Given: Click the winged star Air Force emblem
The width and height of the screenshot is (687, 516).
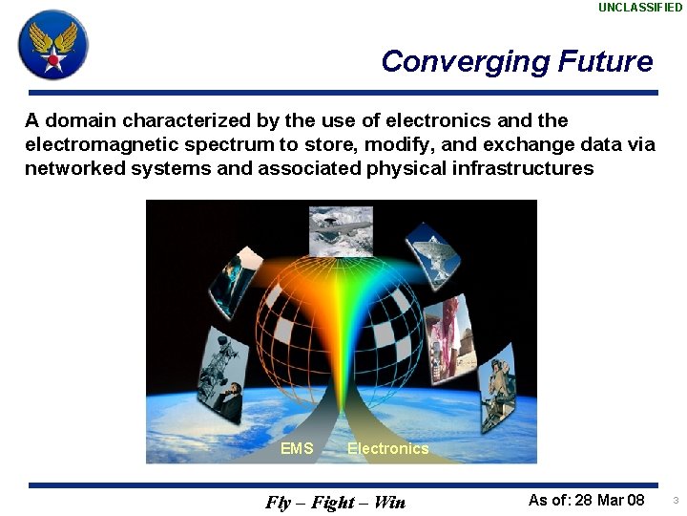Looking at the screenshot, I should coord(52,44).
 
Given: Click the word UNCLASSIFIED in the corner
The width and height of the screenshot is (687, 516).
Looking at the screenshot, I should coord(640,8).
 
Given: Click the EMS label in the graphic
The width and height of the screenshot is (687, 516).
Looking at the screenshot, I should coord(297,448).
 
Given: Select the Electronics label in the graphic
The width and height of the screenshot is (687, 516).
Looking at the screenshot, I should coord(387,448).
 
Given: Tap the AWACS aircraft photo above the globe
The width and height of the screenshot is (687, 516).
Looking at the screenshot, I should coord(341,231).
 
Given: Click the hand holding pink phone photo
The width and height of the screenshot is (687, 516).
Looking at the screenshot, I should coord(446,331).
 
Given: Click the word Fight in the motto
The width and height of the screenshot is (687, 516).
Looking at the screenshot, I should coord(334,503).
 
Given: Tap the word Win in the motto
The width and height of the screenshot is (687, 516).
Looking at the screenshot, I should coord(389,503).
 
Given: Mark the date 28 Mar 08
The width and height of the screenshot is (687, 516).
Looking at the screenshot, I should coord(610,501).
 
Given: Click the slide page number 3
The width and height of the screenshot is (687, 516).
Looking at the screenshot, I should coord(675,501).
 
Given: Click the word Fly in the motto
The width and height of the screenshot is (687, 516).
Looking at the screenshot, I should coord(279,503).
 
